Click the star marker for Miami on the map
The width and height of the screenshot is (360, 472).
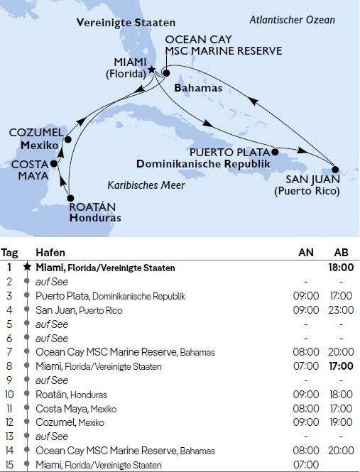(152, 71)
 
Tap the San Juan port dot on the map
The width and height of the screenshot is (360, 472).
(336, 170)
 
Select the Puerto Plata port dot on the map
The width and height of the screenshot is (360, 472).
(275, 151)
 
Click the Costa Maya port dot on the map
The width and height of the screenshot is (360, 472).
(54, 163)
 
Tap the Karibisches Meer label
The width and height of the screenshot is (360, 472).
(146, 185)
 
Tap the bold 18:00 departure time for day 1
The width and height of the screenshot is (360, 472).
(340, 268)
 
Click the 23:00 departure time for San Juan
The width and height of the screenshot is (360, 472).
(340, 309)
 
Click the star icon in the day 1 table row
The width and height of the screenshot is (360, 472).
(28, 268)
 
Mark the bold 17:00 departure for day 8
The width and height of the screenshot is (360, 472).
(340, 366)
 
